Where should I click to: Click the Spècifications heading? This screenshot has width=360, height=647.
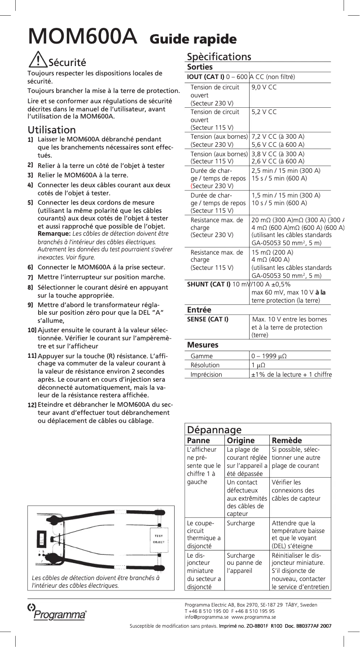coord(219,57)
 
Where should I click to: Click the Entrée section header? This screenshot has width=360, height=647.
coord(199,310)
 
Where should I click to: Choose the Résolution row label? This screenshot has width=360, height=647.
coord(205,365)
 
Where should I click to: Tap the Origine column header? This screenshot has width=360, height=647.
coord(241,440)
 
